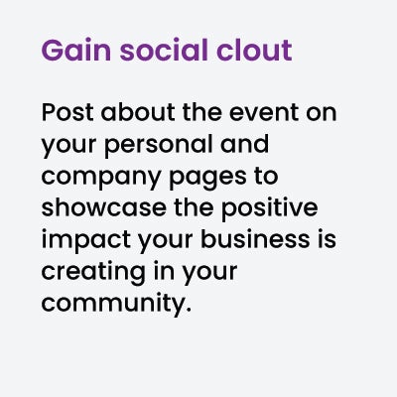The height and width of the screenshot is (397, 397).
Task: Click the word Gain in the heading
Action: point(75,50)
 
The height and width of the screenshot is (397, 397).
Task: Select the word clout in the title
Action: point(254,50)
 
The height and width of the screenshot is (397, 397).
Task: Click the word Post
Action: point(67,112)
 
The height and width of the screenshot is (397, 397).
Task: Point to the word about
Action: point(138,112)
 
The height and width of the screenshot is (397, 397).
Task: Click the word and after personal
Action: point(244,144)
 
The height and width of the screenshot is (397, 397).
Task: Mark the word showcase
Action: point(104,207)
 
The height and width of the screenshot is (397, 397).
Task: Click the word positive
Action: point(269,208)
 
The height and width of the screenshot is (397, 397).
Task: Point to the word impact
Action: point(85,240)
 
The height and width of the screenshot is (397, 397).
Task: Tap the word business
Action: point(255,239)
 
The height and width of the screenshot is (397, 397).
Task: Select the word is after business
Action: point(328,239)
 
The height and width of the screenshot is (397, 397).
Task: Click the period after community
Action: point(189,311)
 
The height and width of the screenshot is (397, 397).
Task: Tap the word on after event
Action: point(322,113)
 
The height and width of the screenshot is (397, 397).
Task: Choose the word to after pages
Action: point(266,177)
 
